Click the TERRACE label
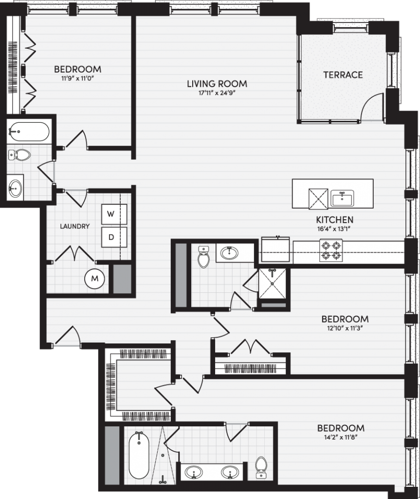[x=343, y=75]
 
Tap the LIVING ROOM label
[x=217, y=84]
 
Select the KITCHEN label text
[x=335, y=220]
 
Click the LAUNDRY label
[x=75, y=226]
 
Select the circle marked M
[x=95, y=279]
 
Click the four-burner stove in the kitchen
[x=331, y=250]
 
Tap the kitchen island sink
[x=342, y=199]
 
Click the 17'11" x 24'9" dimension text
[x=217, y=93]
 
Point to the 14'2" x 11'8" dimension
[x=341, y=438]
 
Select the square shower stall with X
[x=272, y=284]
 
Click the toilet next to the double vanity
[x=261, y=467]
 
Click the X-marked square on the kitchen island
[x=318, y=199]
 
